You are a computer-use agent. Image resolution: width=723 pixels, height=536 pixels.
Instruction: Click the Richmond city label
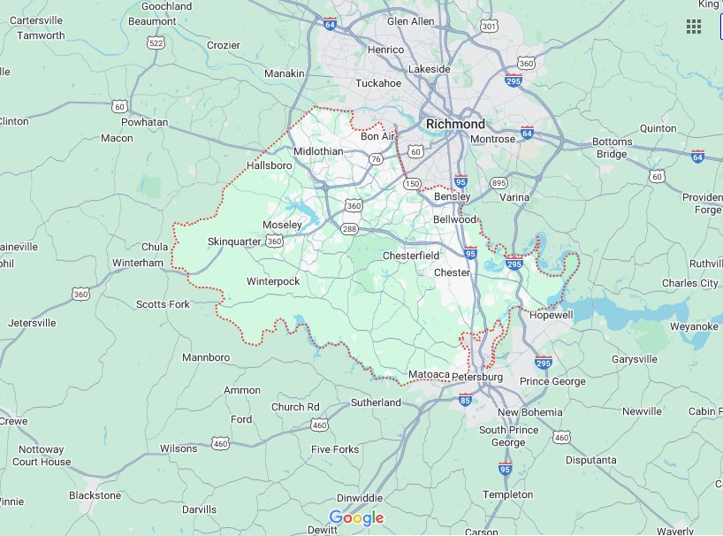pos(455,124)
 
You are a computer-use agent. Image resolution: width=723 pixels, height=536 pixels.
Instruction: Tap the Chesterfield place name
pos(410,256)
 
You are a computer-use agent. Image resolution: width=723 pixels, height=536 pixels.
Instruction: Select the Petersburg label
pos(477,378)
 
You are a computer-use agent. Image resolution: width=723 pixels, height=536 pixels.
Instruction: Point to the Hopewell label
pos(551,314)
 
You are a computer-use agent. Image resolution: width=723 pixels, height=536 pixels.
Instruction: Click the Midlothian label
pos(318,151)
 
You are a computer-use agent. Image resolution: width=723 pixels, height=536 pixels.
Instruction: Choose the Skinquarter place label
pos(235,241)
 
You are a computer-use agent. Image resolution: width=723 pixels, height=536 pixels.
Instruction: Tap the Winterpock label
pos(273,281)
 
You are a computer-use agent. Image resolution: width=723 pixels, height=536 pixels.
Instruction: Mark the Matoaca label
pos(429,375)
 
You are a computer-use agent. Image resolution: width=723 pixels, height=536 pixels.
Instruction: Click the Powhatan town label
pos(144,122)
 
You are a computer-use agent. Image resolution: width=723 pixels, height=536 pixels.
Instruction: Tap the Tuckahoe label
pos(377,83)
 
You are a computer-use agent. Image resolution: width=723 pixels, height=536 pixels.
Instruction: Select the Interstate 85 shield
pos(465,400)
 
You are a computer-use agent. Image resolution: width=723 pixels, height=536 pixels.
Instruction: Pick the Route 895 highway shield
pos(498,183)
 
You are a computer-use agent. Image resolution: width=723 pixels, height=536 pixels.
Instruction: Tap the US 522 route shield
pos(156,42)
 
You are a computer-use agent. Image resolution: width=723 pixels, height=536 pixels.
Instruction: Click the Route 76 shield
pos(377,159)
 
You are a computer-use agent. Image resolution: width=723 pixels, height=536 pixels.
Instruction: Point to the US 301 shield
pos(488,27)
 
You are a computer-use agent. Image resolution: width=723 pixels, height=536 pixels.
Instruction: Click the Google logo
pos(356,517)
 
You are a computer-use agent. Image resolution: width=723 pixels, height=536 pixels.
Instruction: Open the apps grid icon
pos(694,26)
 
